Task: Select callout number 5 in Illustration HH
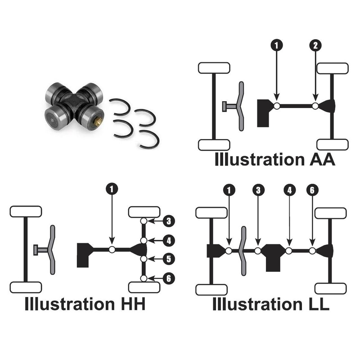click(168, 259)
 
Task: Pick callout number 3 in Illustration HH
click(168, 221)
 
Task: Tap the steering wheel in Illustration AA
click(241, 106)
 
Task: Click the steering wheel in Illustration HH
click(52, 249)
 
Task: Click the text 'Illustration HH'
click(85, 304)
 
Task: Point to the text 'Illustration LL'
click(271, 304)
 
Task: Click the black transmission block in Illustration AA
click(263, 112)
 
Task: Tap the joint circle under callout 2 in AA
click(315, 106)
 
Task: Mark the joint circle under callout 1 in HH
click(112, 249)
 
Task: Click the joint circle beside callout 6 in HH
click(144, 279)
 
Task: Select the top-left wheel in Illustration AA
click(214, 68)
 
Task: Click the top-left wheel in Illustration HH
click(26, 211)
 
